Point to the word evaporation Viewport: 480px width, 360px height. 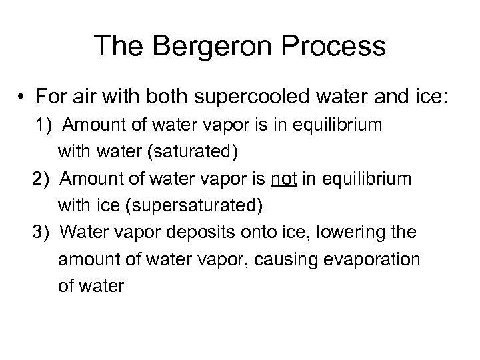(x=379, y=259)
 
